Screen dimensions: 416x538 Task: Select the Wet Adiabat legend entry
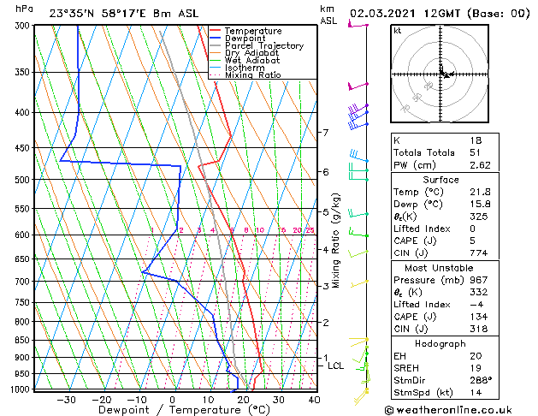253,60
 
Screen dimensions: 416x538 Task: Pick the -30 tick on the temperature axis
66,400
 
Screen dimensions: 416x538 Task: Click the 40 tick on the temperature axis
315,400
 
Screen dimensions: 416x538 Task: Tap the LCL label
335,365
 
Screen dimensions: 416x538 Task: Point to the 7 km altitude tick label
325,133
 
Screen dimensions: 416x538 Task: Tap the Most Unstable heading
439,268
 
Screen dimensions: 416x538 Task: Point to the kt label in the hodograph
398,31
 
